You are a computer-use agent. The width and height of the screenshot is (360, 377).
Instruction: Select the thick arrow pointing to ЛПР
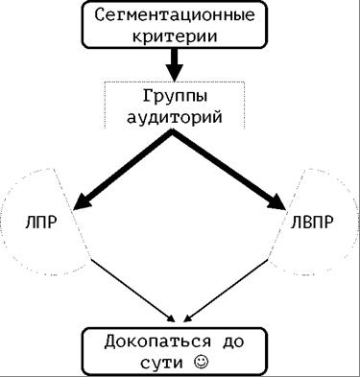(125, 168)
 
